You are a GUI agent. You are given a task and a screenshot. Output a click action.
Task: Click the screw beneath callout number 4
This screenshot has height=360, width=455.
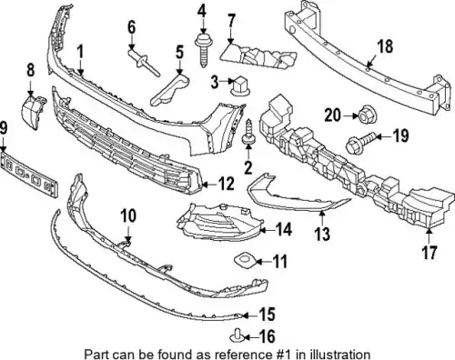click(204, 51)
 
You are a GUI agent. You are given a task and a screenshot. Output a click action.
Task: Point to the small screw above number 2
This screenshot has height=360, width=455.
click(248, 132)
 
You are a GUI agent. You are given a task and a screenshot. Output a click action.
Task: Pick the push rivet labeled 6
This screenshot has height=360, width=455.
click(143, 63)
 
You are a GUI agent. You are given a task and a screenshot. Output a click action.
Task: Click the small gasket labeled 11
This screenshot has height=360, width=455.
click(245, 261)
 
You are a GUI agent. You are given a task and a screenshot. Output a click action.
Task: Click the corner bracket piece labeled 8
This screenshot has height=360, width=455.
click(34, 112)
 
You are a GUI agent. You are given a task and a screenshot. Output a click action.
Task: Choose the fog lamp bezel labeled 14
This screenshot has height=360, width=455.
click(219, 222)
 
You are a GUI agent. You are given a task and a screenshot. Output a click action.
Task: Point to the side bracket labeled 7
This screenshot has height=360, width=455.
click(258, 57)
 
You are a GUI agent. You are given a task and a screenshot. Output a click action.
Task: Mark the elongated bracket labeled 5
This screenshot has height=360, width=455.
click(169, 90)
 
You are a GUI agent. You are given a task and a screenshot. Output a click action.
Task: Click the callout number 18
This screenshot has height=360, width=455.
click(385, 46)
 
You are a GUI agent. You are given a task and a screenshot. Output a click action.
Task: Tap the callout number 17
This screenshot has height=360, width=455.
click(429, 253)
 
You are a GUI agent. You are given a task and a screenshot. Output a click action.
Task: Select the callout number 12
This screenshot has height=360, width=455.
click(226, 184)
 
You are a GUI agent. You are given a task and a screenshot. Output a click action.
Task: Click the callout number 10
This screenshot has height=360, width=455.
click(128, 215)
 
